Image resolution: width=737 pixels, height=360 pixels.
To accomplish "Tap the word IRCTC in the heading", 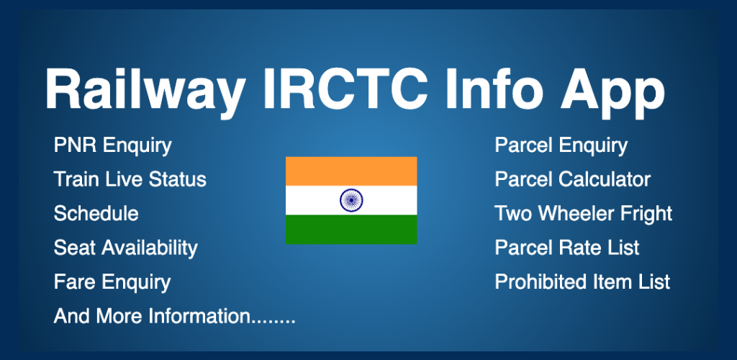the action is point(345,89).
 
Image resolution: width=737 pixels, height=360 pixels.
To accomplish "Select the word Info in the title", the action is point(498,89).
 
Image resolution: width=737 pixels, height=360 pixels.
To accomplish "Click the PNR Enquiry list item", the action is point(113,145).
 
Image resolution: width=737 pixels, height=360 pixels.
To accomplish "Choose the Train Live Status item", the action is point(130,179).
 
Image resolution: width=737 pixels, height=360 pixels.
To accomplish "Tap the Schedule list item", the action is point(96,213).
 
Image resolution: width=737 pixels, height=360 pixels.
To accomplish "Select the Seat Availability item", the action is point(126,248).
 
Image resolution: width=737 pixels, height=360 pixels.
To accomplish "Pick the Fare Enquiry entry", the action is point(112,282).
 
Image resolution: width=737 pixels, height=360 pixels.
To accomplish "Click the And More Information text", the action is point(175,316).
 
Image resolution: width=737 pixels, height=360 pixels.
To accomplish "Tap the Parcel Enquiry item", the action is point(561,145).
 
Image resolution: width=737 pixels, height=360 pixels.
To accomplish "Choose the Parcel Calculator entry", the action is point(572,179).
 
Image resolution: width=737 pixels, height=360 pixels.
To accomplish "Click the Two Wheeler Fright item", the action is point(583,214).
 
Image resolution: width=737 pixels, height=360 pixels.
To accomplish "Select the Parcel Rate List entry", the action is point(567,248).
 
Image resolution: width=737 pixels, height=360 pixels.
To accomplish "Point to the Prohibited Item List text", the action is point(582,282).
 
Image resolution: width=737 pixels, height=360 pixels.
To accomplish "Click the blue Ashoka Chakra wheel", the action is point(351,200).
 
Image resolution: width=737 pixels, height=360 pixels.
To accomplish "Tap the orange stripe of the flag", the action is point(351,171).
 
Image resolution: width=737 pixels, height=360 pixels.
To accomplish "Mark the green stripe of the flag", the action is point(351,230).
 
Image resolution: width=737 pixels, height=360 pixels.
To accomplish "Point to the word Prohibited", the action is point(538,282).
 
